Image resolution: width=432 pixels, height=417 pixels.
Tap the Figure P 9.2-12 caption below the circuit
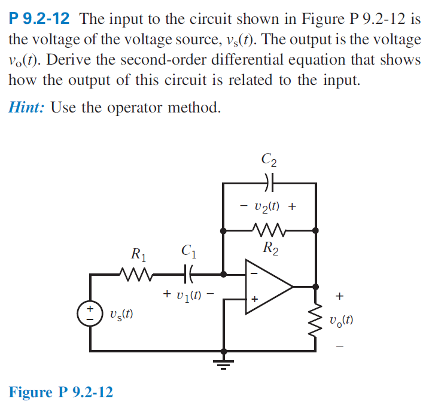(60, 392)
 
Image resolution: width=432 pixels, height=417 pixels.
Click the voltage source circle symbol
(91, 314)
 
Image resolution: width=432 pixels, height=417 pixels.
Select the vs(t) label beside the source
(121, 314)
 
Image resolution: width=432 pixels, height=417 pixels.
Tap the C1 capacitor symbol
(190, 275)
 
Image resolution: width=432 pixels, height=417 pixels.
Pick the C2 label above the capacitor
(269, 160)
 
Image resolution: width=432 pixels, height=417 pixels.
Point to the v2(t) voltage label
(269, 206)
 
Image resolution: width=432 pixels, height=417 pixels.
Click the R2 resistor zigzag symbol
(269, 229)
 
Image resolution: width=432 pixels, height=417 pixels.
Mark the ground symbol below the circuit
(224, 361)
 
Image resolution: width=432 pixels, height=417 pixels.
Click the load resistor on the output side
(317, 321)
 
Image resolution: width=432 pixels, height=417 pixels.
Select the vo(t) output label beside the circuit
(341, 320)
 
